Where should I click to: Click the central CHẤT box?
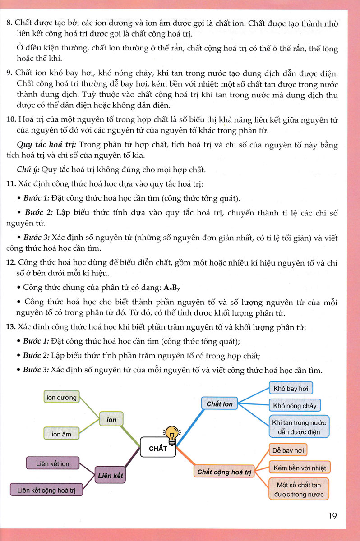tap(158, 448)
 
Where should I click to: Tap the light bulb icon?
tap(171, 434)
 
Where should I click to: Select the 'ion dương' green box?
tap(62, 398)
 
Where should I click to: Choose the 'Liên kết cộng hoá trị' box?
tap(46, 490)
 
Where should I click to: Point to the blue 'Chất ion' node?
tap(220, 404)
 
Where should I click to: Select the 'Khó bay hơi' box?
tap(290, 389)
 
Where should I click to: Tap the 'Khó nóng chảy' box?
tap(295, 406)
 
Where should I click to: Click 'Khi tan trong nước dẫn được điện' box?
tap(299, 427)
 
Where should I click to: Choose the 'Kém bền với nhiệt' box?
tap(299, 468)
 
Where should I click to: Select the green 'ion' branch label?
tap(111, 420)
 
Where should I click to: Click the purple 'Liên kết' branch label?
tap(110, 475)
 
